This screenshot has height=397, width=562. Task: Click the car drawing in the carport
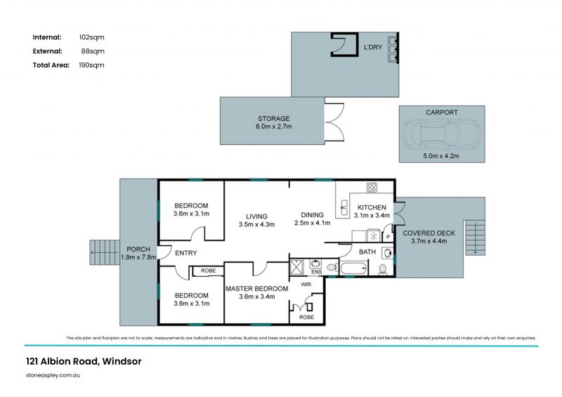(x=442, y=134)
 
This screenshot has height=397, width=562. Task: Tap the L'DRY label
(x=373, y=47)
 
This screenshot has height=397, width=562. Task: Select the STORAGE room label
(x=274, y=118)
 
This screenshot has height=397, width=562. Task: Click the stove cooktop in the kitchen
(x=372, y=187)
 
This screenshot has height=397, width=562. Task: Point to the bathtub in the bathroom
(x=353, y=268)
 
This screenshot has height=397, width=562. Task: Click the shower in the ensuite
(x=296, y=267)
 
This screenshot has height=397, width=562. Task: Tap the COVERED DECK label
(x=429, y=233)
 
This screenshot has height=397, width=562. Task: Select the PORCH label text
(x=138, y=249)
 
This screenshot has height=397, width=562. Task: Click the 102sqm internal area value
(x=92, y=37)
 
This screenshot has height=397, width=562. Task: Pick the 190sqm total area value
(x=92, y=65)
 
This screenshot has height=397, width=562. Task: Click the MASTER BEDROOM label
(x=256, y=289)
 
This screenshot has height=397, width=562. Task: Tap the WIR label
(x=306, y=285)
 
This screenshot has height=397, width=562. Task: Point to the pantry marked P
(x=388, y=237)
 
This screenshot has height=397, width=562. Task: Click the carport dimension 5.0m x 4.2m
(x=441, y=156)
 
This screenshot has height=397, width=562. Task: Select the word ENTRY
(x=186, y=253)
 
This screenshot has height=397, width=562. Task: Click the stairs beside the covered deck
(x=475, y=237)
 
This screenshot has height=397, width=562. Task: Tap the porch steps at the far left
(x=104, y=252)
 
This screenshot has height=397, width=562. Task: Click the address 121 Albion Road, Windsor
(x=84, y=361)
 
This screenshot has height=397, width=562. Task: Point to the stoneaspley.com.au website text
(x=53, y=375)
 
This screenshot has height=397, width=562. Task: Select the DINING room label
(x=312, y=215)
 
